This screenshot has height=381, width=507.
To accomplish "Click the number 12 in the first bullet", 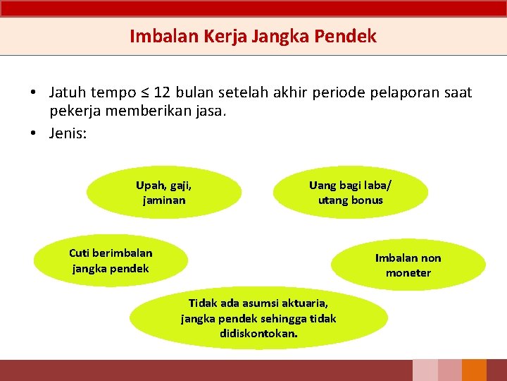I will pyautogui.click(x=161, y=92).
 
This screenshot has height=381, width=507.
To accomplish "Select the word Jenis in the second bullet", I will pyautogui.click(x=66, y=133).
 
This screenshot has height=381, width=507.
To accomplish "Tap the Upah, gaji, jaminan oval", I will pyautogui.click(x=163, y=193).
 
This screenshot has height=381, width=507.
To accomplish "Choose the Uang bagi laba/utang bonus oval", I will pyautogui.click(x=351, y=193).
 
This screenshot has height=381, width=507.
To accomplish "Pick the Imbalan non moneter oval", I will pyautogui.click(x=408, y=265).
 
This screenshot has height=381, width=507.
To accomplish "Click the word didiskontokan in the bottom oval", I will pyautogui.click(x=258, y=333).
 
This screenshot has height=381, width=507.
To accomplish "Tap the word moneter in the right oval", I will pyautogui.click(x=408, y=273).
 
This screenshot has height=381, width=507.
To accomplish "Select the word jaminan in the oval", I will pyautogui.click(x=163, y=200).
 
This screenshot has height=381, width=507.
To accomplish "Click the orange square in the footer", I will pyautogui.click(x=475, y=370).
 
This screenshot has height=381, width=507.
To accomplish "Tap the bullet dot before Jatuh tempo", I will pyautogui.click(x=34, y=93).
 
